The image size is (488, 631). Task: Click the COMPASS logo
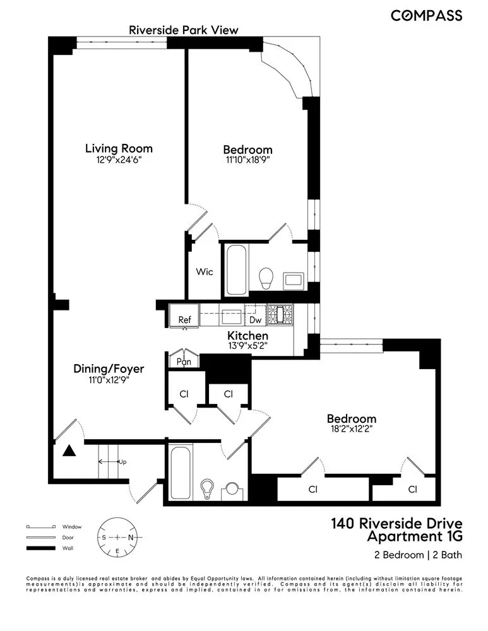click(426, 16)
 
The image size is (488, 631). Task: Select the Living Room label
click(119, 148)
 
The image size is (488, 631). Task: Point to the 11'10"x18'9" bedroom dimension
click(247, 161)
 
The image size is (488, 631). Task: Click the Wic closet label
click(204, 272)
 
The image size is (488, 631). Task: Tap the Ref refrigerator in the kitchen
click(184, 319)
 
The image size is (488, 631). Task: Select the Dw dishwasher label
click(256, 320)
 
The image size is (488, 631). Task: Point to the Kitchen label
click(248, 336)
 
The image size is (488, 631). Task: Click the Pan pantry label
click(184, 362)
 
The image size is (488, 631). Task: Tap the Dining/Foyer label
click(104, 369)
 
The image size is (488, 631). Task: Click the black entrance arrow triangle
click(69, 451)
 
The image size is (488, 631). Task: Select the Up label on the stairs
click(123, 462)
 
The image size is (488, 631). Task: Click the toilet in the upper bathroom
click(266, 276)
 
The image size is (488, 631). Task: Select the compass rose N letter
click(131, 537)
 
